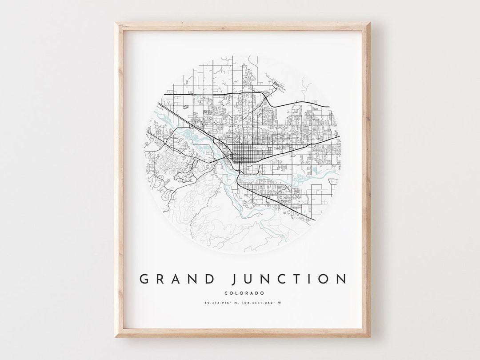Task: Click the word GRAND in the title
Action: coord(177,279)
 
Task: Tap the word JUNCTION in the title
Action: coord(289,279)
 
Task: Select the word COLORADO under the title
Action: coord(244,293)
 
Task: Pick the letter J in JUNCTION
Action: coord(235,279)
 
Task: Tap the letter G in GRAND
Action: coord(144,279)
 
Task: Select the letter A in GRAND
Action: coord(177,279)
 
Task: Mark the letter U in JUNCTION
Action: coord(250,279)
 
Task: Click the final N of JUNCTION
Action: coord(341,279)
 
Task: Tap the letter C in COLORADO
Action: coord(227,293)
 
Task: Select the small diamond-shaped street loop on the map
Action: coord(216,122)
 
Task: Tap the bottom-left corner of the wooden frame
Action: coord(115,336)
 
